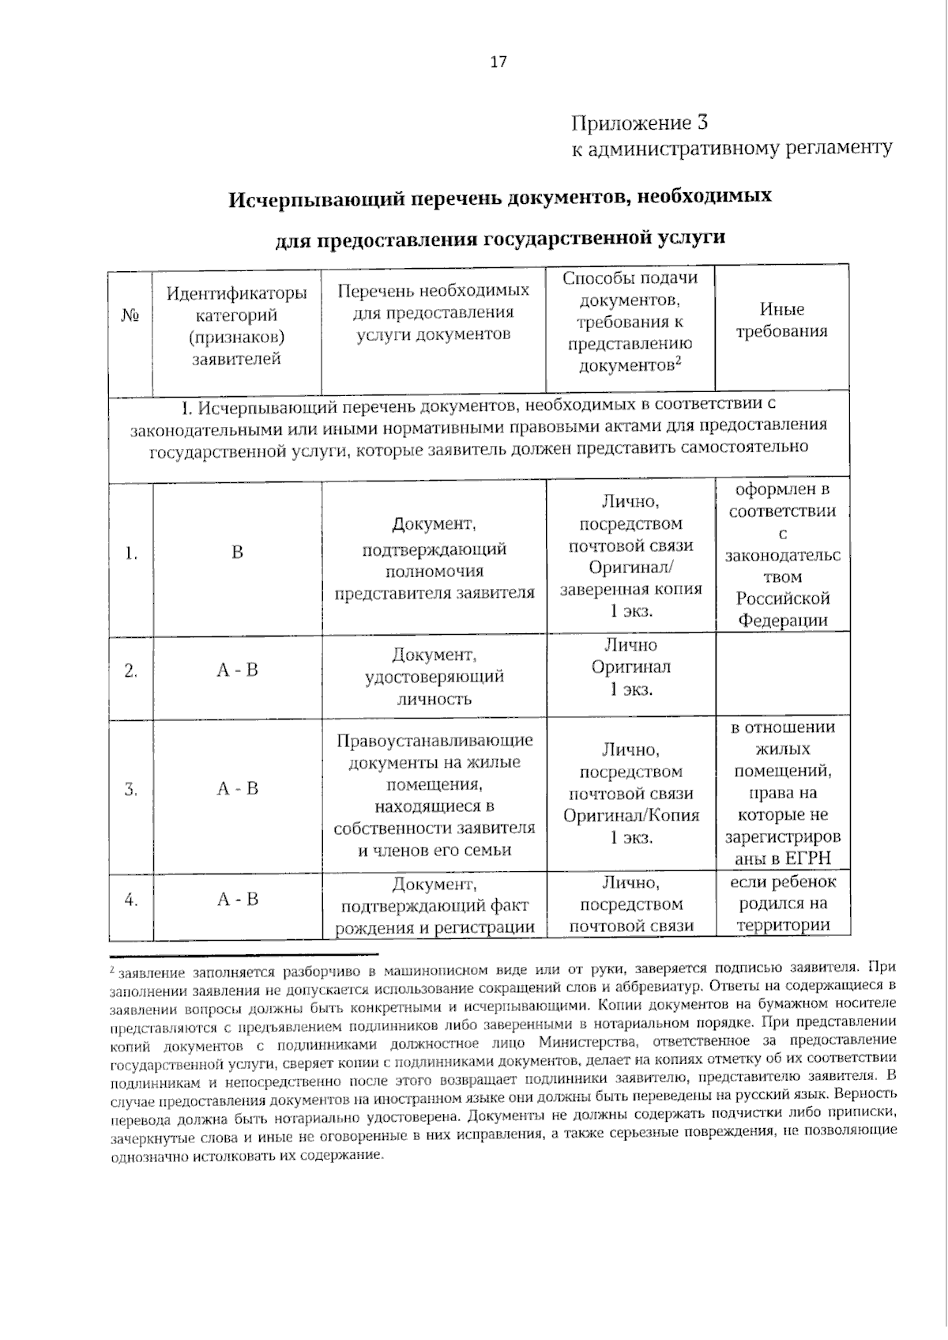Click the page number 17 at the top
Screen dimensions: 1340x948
click(498, 62)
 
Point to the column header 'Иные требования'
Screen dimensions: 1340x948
click(781, 320)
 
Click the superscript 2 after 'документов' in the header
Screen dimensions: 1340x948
click(679, 360)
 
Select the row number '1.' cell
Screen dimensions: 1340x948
click(131, 553)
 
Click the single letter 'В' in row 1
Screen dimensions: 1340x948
click(237, 553)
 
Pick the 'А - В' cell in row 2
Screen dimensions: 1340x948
click(237, 670)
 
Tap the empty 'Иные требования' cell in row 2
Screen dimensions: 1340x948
click(781, 676)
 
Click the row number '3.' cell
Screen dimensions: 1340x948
click(131, 789)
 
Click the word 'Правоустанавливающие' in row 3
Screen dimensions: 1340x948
click(434, 741)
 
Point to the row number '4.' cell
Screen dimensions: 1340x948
click(131, 900)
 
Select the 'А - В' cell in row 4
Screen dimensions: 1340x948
click(237, 900)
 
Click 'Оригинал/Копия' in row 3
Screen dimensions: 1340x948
click(631, 815)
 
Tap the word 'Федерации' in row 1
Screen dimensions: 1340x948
click(783, 620)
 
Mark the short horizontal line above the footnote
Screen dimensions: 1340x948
click(243, 955)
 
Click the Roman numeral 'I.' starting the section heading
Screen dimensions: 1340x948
click(186, 408)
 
